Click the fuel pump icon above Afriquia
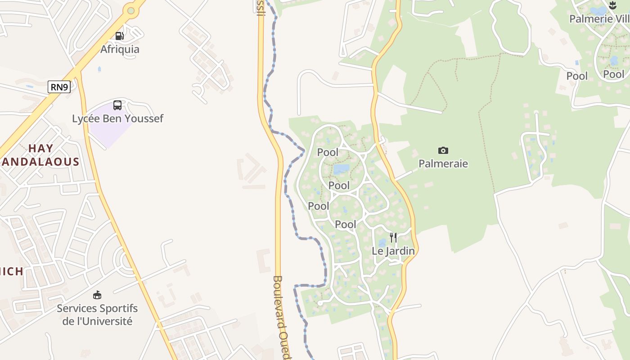point(119,36)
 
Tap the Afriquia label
point(120,49)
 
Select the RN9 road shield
point(59,87)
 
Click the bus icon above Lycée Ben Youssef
point(117,105)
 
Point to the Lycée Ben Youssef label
point(117,119)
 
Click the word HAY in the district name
point(41,148)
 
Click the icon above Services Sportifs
point(97,295)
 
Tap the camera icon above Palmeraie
point(443,150)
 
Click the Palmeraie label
point(443,164)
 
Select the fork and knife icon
point(393,237)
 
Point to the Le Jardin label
point(393,251)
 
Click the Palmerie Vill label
point(598,19)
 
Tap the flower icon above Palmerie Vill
point(612,5)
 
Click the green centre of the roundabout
point(131,10)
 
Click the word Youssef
point(145,119)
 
